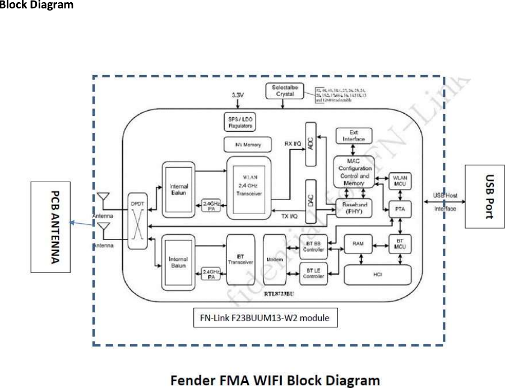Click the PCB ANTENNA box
point(50,227)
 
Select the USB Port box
point(485,196)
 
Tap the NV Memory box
point(248,145)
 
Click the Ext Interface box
point(353,135)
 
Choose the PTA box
point(400,209)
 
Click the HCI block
point(377,274)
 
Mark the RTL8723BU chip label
point(282,292)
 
